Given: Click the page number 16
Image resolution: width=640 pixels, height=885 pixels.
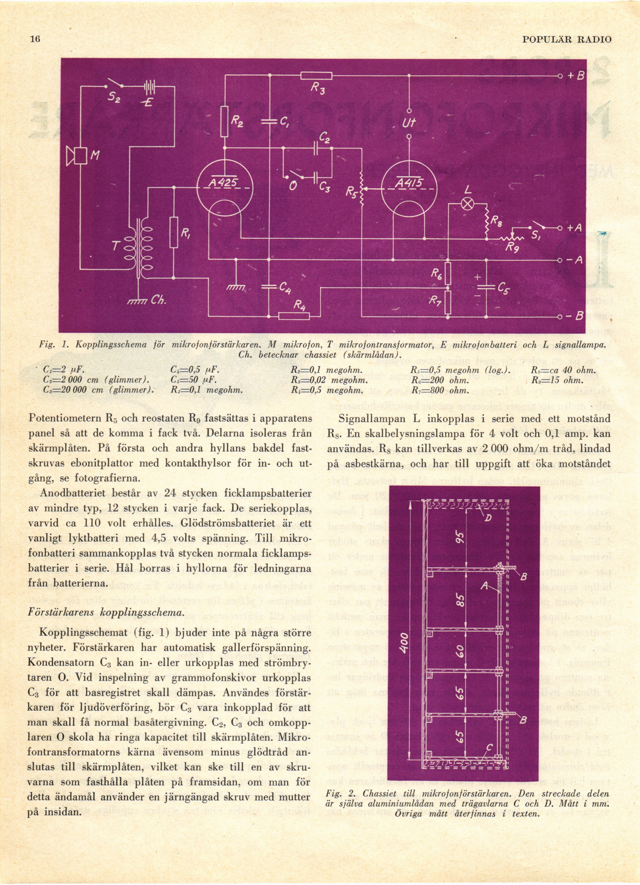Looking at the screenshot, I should click(x=35, y=39).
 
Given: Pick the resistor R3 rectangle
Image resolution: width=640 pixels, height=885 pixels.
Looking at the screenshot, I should click(x=316, y=76).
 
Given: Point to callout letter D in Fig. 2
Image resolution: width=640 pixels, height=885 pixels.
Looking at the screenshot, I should click(x=488, y=518).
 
